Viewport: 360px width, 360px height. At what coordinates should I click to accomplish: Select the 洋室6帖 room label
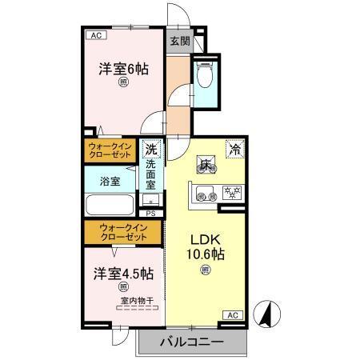(x=123, y=69)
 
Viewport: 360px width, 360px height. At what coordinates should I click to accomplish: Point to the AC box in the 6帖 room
(x=95, y=35)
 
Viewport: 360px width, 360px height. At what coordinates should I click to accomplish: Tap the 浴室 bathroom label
(x=110, y=182)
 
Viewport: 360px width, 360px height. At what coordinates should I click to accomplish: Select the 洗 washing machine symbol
(x=151, y=148)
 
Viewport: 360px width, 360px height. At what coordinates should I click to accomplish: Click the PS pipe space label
(x=151, y=213)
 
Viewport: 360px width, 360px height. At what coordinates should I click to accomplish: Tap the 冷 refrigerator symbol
(x=235, y=147)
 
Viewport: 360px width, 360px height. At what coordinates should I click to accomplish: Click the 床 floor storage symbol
(x=206, y=166)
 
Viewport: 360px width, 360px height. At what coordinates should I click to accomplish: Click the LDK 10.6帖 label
(x=206, y=247)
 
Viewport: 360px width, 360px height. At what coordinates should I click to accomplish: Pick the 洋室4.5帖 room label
(x=122, y=273)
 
